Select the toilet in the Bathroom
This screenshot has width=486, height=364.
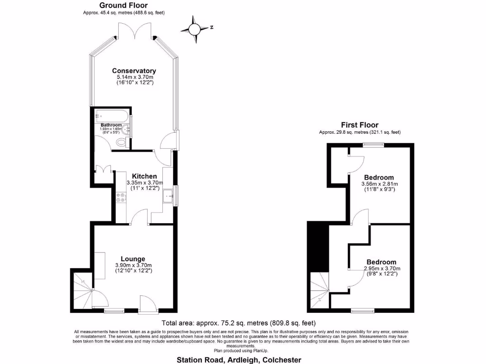(x=121, y=142)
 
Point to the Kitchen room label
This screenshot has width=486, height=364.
(x=144, y=176)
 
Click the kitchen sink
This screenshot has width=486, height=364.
(x=168, y=196)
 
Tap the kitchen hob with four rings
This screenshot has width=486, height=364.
(x=121, y=197)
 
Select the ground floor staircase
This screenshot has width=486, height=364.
(x=82, y=291)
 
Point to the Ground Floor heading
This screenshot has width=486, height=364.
(x=123, y=5)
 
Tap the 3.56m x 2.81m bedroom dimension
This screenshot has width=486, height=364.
(x=379, y=184)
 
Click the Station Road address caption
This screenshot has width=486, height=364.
(x=239, y=360)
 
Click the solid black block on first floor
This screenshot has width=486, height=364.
(x=317, y=246)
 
